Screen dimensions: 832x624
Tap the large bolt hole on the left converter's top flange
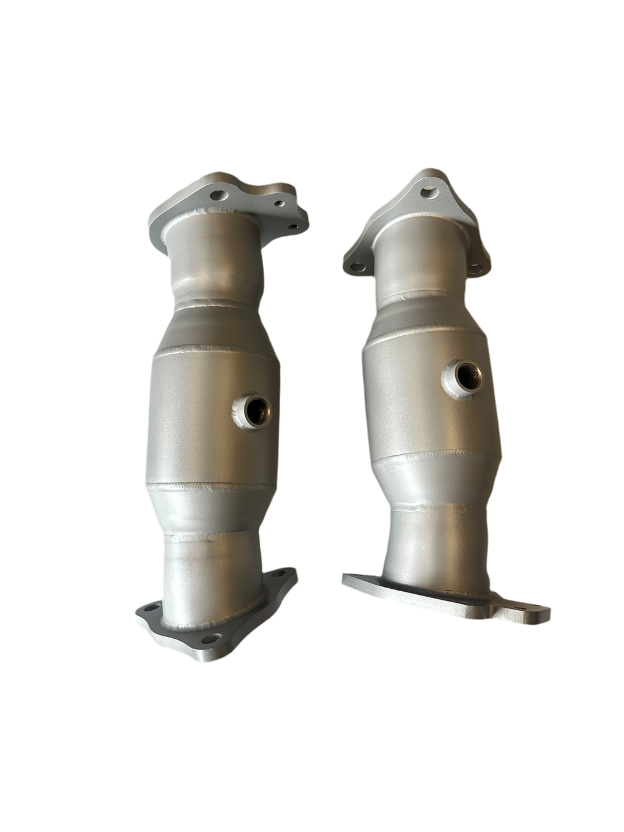218,196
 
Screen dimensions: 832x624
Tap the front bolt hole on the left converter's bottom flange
210,639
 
